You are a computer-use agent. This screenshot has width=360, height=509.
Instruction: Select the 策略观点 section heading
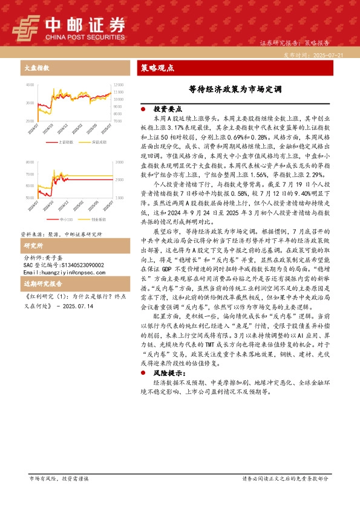click(157, 68)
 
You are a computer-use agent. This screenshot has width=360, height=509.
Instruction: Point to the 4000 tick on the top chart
click(29, 85)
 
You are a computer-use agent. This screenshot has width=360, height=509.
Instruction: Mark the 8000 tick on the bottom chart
click(29, 163)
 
